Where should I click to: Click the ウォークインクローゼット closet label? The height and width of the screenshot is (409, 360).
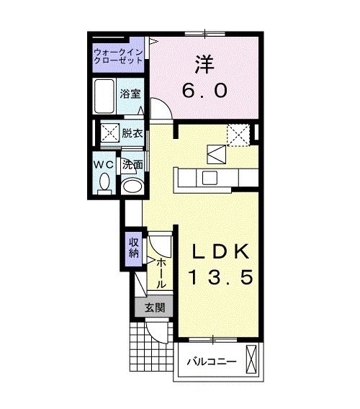tap(118, 56)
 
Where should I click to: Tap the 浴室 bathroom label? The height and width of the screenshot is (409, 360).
tap(130, 94)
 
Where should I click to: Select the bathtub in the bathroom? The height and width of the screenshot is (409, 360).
tap(105, 95)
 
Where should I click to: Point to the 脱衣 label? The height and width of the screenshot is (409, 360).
tap(131, 133)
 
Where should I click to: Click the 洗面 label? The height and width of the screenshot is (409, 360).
tap(132, 164)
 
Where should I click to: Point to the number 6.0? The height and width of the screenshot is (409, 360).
tap(204, 91)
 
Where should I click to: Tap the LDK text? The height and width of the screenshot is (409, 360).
tap(221, 252)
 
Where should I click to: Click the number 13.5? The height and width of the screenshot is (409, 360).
tap(221, 278)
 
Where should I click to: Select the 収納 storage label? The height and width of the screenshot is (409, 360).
tap(134, 247)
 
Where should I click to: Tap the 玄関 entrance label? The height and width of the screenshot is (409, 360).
tap(153, 307)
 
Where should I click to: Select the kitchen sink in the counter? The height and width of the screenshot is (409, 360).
tap(211, 178)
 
